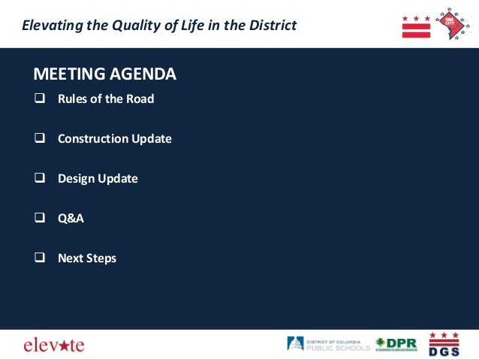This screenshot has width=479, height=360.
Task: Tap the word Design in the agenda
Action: [x=76, y=179]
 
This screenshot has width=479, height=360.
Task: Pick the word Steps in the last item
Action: [x=101, y=259]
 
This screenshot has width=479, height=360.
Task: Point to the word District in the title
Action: [x=272, y=26]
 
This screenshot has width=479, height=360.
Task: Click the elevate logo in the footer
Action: [x=54, y=345]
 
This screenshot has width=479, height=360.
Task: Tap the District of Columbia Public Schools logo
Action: [x=328, y=344]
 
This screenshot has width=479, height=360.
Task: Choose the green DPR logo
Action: [x=396, y=344]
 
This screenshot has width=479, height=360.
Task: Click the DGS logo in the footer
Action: [x=444, y=344]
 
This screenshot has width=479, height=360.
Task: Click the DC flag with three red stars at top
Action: [x=416, y=26]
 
